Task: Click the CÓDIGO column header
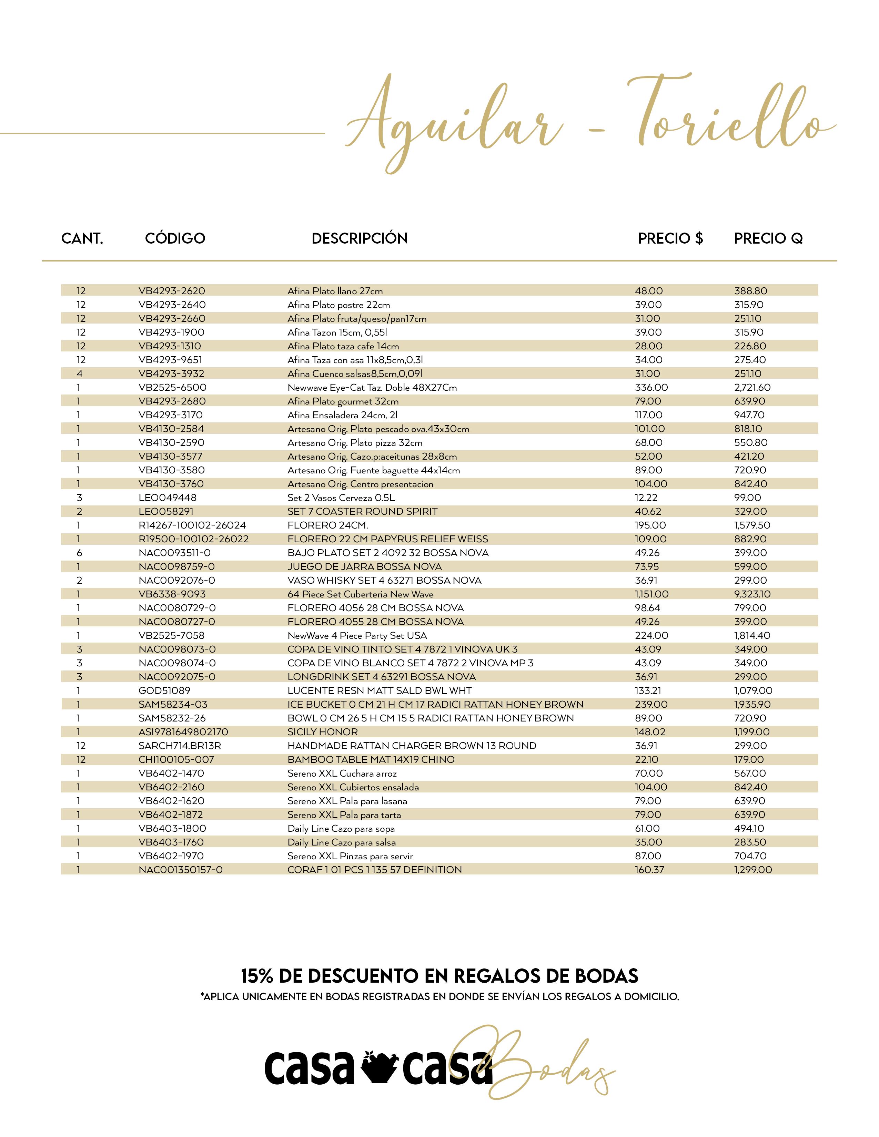(175, 238)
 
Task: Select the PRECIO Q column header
(768, 238)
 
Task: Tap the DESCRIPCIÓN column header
(359, 238)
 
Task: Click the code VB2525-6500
(172, 387)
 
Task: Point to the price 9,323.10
(752, 594)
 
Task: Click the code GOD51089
(164, 690)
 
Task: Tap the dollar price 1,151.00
(651, 594)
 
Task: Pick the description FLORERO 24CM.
(327, 525)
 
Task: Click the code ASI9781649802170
(183, 732)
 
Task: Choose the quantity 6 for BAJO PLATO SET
(79, 553)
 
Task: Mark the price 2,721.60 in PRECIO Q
(752, 387)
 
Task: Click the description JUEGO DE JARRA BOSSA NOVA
(364, 566)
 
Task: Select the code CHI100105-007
(176, 760)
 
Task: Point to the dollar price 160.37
(649, 870)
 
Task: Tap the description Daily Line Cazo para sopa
(341, 828)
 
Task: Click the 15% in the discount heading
(257, 976)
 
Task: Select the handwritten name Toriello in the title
(729, 114)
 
